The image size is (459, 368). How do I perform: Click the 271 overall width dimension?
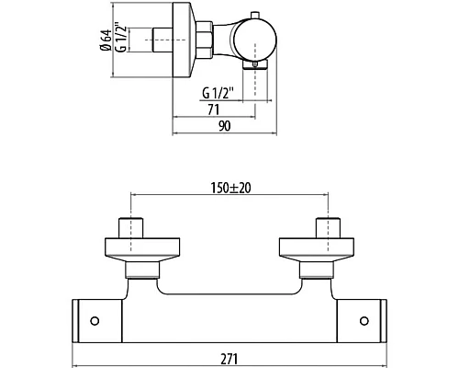click(x=229, y=359)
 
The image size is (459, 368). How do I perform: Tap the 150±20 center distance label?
click(x=230, y=188)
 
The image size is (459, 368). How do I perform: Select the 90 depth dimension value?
click(x=224, y=126)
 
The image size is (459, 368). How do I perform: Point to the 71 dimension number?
click(x=213, y=109)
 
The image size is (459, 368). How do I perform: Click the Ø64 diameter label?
click(x=105, y=40)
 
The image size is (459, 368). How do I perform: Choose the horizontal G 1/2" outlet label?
click(x=218, y=93)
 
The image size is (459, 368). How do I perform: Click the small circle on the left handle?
click(x=95, y=321)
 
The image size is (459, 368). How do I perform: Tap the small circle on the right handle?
click(x=364, y=321)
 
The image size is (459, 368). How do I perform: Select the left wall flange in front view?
click(x=142, y=249)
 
